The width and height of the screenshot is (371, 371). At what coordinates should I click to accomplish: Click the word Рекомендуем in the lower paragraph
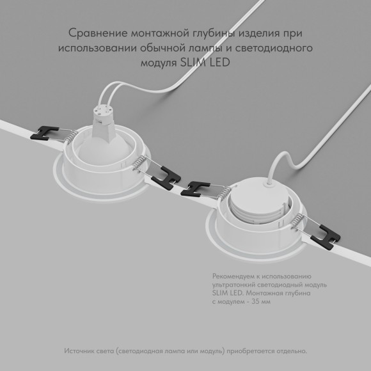pyautogui.click(x=232, y=274)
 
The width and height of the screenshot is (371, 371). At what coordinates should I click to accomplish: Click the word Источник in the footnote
pyautogui.click(x=80, y=351)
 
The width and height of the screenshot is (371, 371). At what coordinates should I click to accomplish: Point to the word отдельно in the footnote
pyautogui.click(x=291, y=351)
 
